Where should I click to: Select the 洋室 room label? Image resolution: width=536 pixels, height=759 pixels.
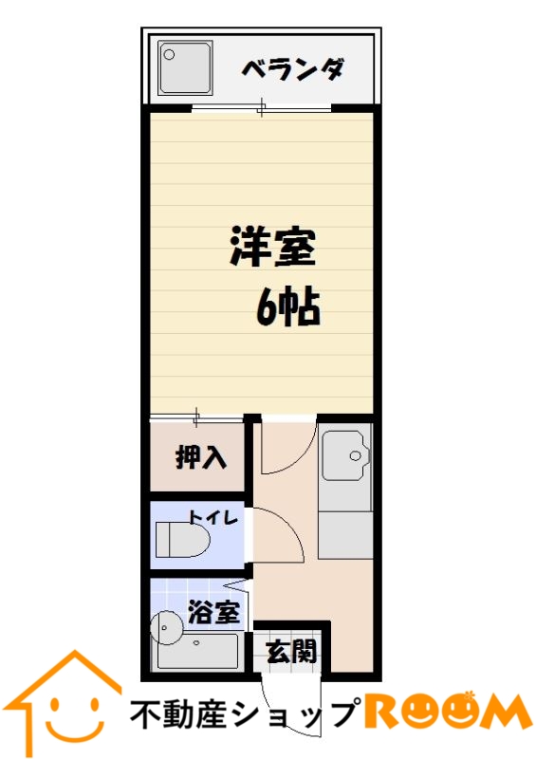click(270, 249)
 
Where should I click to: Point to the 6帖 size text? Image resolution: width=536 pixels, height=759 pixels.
click(287, 305)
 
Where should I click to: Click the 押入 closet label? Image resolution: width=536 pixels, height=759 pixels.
click(200, 457)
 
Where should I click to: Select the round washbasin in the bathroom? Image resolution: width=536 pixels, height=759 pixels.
click(167, 627)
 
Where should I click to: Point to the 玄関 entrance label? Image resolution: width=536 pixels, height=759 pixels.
click(290, 652)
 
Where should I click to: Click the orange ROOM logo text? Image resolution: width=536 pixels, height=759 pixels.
click(445, 712)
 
